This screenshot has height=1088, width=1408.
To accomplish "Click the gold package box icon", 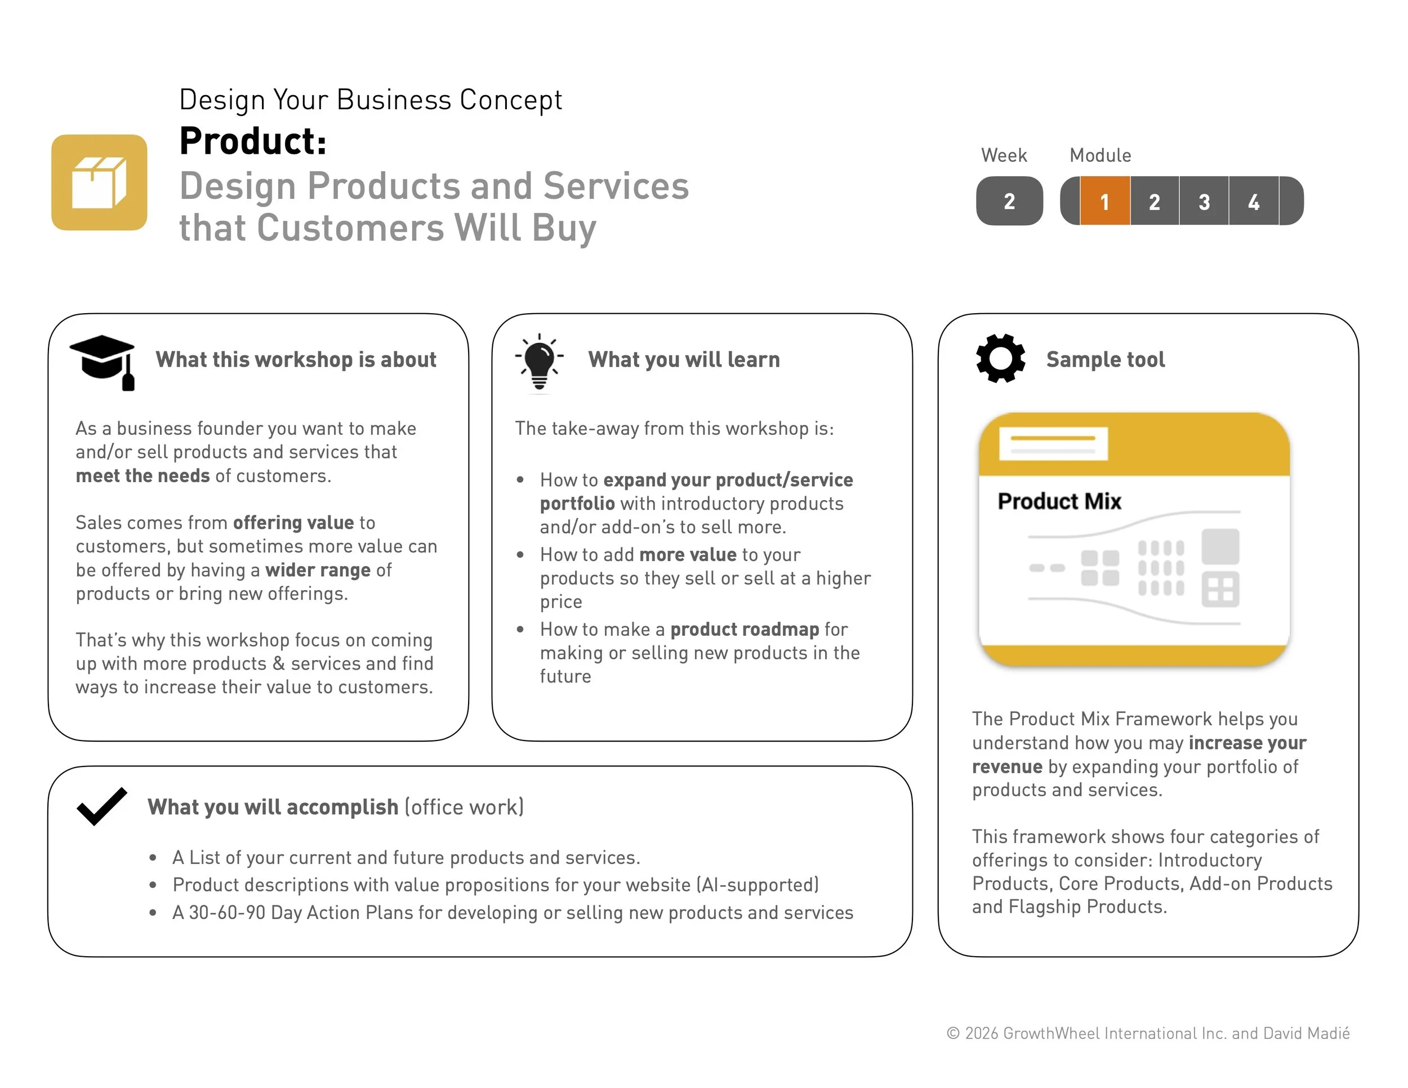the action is [99, 182].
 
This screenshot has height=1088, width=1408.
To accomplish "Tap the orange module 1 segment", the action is [1104, 201].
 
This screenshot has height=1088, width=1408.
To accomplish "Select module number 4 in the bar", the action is [1253, 201].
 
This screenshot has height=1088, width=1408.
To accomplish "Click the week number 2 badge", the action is [1009, 201].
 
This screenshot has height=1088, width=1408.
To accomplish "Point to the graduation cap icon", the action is [103, 361].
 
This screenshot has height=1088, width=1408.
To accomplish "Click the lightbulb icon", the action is [540, 362].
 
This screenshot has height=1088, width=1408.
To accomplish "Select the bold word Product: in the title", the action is [253, 141].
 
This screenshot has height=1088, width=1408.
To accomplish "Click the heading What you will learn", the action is [683, 360].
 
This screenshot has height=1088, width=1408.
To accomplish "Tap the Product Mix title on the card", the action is [1059, 501].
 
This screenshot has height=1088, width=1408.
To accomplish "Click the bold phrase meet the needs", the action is [142, 476].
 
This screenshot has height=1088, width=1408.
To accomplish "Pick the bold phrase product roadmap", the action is [745, 629].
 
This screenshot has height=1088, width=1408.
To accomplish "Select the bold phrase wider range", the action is [318, 570].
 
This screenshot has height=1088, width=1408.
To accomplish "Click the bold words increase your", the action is [1247, 743].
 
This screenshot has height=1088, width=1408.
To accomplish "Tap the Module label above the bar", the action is [1100, 155].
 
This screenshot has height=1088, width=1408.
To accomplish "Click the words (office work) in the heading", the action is [464, 807].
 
